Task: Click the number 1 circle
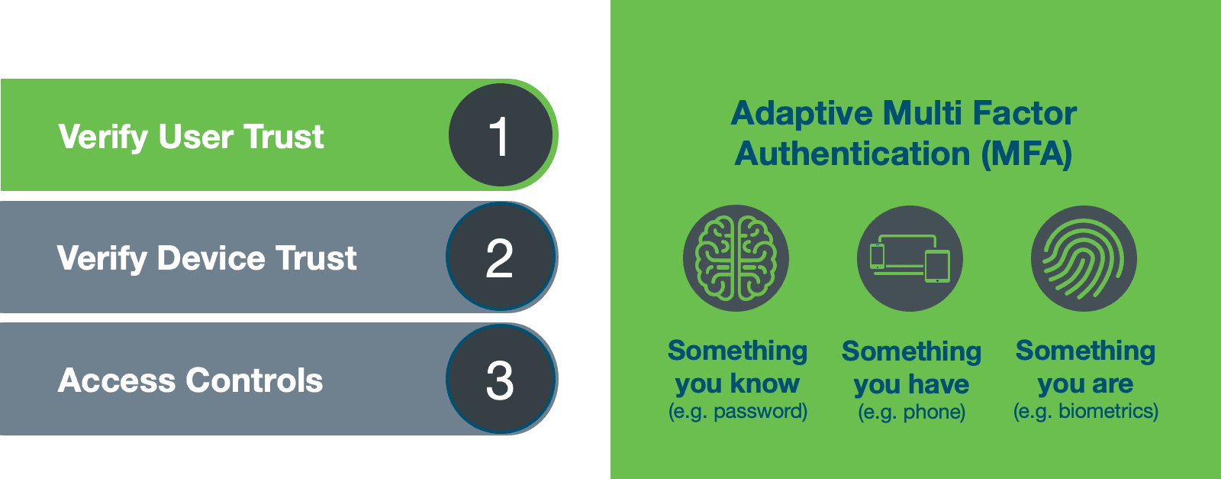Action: click(x=501, y=134)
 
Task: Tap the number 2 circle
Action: click(x=501, y=257)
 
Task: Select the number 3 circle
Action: click(x=501, y=379)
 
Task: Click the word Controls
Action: click(x=255, y=380)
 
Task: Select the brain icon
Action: click(x=736, y=258)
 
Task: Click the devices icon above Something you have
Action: click(x=910, y=258)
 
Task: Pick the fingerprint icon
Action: click(x=1084, y=258)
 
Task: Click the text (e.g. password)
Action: click(x=737, y=411)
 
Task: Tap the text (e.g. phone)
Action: click(x=911, y=412)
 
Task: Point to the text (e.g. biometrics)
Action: click(x=1085, y=411)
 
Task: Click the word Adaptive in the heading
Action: click(x=802, y=114)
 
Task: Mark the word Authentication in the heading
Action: click(x=852, y=154)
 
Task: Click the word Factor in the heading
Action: click(x=1025, y=114)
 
